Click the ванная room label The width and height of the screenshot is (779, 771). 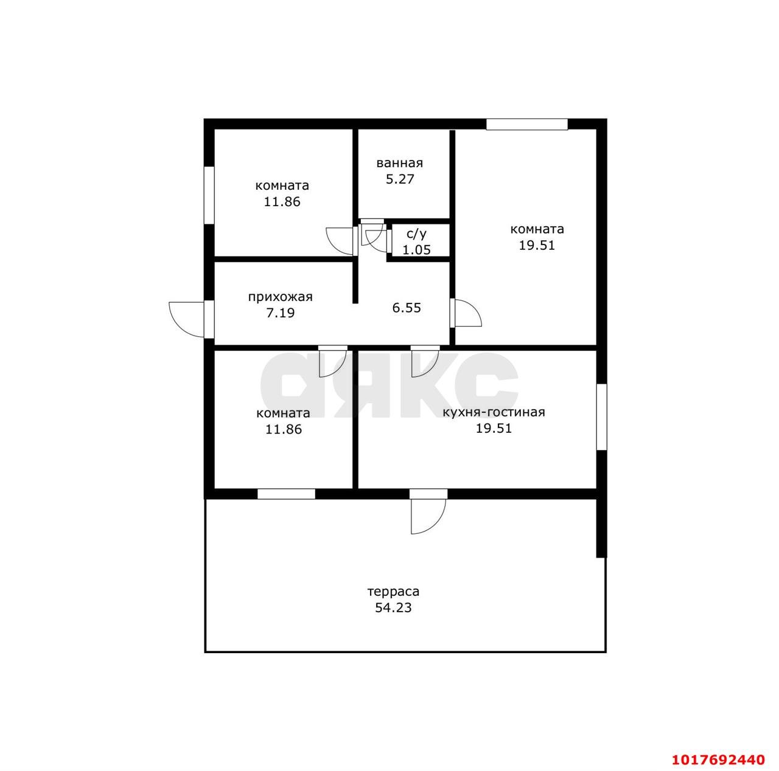pos(399,163)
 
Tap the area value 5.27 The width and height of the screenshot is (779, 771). pos(400,179)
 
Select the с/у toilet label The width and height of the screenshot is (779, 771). pos(416,234)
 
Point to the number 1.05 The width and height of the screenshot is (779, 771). pos(416,250)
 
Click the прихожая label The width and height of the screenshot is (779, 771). pos(280,297)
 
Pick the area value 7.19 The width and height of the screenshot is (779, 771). pos(280,313)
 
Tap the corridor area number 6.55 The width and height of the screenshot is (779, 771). pos(407,308)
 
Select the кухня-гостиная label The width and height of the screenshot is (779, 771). pos(494,412)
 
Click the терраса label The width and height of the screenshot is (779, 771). pos(393,592)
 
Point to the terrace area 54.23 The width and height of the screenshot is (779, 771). pos(393,607)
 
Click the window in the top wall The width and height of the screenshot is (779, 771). pos(526,124)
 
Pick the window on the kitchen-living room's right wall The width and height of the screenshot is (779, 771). pos(601,417)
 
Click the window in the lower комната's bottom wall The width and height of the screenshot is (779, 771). pos(286,493)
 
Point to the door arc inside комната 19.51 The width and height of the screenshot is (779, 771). pos(466,313)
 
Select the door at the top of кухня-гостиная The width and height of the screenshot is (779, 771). pos(425,362)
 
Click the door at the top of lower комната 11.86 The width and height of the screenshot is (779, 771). pos(333,362)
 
